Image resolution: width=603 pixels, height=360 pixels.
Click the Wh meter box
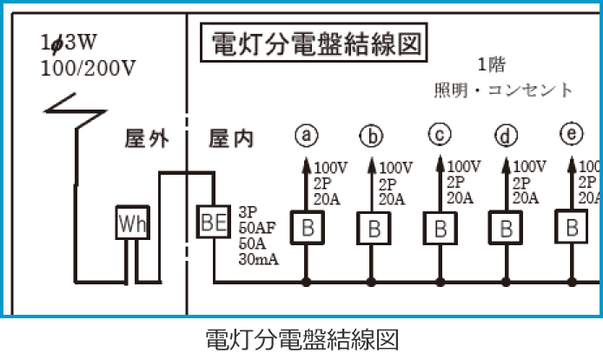tap(133, 224)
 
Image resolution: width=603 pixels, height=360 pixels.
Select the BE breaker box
tap(213, 220)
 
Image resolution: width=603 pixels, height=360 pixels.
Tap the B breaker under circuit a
tap(307, 229)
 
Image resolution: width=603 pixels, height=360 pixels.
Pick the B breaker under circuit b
tap(373, 229)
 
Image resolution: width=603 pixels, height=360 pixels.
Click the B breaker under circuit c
tap(440, 229)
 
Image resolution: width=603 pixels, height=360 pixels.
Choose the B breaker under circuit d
tap(506, 229)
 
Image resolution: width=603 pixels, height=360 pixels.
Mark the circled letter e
tap(572, 134)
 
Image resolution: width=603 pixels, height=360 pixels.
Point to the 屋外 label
tap(147, 139)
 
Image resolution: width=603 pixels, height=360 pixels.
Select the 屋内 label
tap(232, 139)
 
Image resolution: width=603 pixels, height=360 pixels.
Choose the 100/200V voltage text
tap(88, 68)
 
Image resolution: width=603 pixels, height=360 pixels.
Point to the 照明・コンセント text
tap(503, 90)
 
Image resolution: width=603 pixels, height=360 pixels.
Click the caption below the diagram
tap(301, 338)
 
